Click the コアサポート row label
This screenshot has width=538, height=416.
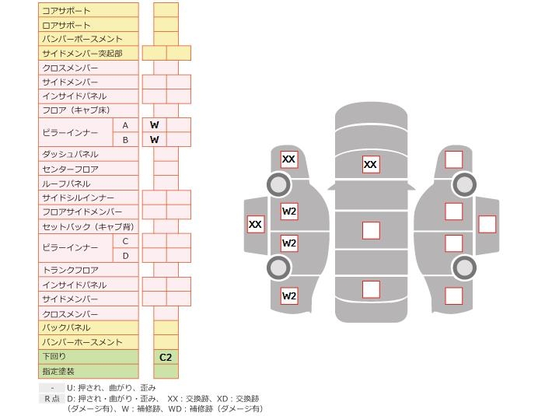click(66, 10)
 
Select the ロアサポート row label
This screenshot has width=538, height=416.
click(66, 25)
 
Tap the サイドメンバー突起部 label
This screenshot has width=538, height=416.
click(82, 53)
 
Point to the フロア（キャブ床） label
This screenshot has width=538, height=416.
click(76, 110)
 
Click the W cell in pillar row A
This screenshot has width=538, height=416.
click(155, 125)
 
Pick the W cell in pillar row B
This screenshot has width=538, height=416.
click(155, 140)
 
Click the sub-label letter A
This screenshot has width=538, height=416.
click(125, 125)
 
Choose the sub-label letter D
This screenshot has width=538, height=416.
click(125, 256)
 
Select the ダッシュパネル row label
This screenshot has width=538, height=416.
click(70, 154)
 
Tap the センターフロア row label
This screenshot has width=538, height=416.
click(70, 169)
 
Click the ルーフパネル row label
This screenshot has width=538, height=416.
click(66, 184)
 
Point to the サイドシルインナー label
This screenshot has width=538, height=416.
click(78, 198)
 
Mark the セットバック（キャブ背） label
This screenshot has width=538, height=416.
click(88, 227)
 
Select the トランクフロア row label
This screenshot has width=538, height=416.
click(70, 270)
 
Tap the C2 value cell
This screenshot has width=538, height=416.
click(166, 358)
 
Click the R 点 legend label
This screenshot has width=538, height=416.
click(51, 398)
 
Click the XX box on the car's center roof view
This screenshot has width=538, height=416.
click(371, 165)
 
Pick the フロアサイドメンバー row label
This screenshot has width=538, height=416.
click(82, 212)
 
